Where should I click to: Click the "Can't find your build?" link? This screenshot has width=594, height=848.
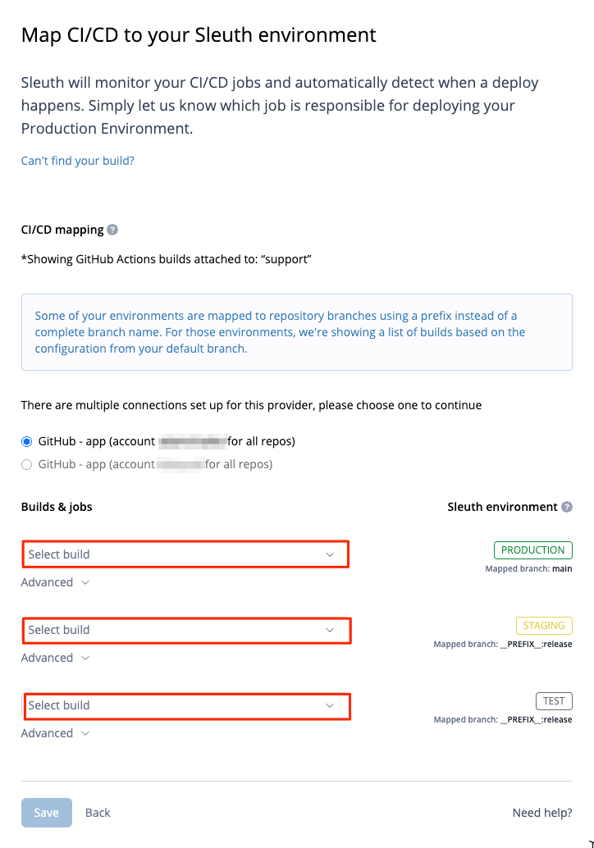point(77,161)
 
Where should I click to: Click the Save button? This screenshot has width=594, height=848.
point(46,812)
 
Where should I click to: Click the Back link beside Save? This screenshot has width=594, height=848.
point(98,812)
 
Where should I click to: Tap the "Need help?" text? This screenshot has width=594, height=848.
point(541,812)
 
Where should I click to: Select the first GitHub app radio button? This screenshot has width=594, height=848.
point(27,441)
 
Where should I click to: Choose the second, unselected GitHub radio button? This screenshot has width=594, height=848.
point(27,464)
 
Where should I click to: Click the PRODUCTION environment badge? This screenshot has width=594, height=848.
point(532,549)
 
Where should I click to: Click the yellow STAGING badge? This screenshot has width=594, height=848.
point(543,625)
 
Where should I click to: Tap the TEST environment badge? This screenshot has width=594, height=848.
point(554,700)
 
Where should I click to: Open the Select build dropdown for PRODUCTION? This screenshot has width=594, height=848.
point(185,554)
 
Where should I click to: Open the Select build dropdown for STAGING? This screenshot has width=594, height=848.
point(185,630)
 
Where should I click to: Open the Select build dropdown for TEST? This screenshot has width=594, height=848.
point(185,705)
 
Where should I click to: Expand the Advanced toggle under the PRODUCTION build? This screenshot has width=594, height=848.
point(55,582)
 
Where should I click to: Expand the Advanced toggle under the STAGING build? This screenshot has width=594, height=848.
point(55,658)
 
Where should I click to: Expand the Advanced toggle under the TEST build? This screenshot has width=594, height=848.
point(55,733)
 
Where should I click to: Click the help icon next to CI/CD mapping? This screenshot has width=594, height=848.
point(112,230)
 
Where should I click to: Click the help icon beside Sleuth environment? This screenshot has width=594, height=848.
point(566,507)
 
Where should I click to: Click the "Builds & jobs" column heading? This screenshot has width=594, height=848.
point(57,507)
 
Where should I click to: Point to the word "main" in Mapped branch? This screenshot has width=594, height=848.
point(562,568)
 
